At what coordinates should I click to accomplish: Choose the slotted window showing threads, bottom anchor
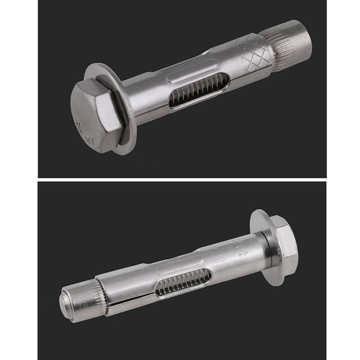point(184,282)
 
